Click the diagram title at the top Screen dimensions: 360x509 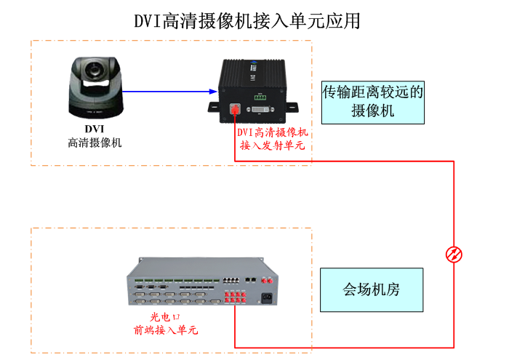pos(247,21)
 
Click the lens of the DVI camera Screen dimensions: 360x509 pos(94,71)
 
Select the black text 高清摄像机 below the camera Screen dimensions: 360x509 pos(94,143)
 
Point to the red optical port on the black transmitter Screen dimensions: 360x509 pos(236,110)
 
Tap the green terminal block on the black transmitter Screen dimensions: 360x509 pos(260,96)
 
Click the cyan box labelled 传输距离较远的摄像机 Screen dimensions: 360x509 pos(372,101)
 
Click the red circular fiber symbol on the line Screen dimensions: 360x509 pos(454,254)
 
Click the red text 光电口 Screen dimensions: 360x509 pos(164,317)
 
